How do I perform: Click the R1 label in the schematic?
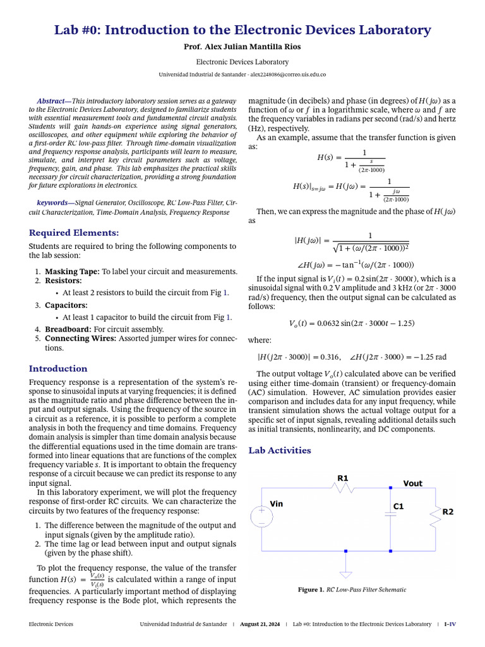coord(343,478)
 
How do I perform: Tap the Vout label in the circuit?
coord(413,483)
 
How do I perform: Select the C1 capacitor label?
coord(398,506)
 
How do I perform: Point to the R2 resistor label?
coord(447,512)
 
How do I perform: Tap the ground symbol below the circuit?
coord(345,574)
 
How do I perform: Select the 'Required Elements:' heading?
coord(74,233)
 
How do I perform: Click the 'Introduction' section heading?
coord(58,368)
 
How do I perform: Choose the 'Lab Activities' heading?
coord(280,450)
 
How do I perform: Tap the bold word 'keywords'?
coord(52,203)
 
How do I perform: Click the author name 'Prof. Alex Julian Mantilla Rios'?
coord(242,47)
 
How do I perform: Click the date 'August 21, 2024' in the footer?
coord(260,624)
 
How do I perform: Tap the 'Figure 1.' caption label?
coord(311,590)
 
